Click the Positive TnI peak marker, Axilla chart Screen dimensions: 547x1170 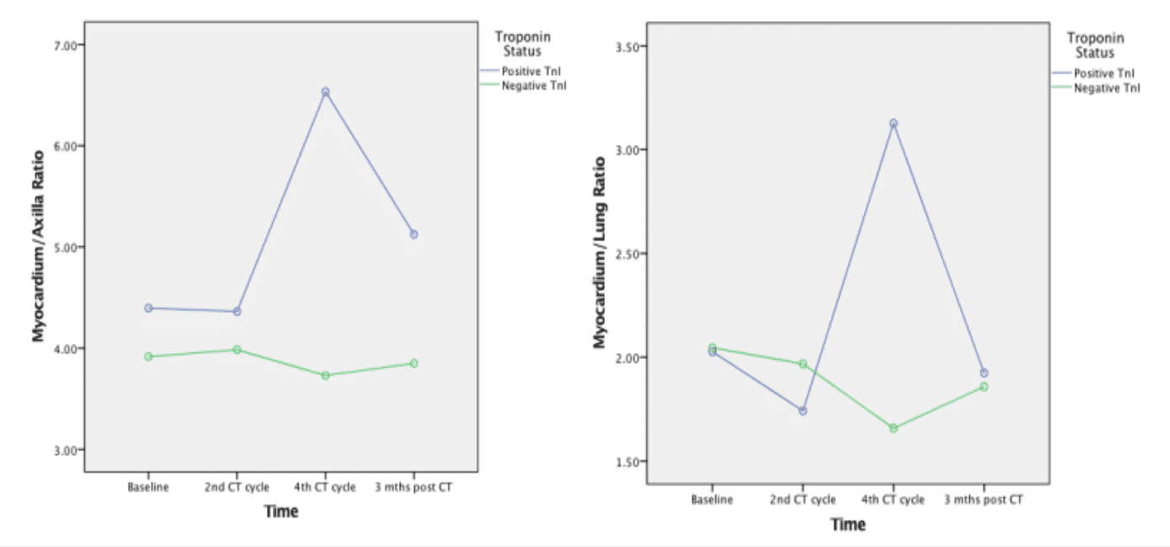[x=325, y=92]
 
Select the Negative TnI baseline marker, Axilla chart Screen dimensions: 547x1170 [x=148, y=357]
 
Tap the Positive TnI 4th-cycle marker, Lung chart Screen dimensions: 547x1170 [x=893, y=124]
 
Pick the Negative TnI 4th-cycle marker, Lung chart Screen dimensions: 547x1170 [x=893, y=428]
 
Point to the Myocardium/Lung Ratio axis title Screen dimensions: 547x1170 [x=600, y=253]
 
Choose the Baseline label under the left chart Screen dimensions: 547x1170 [x=148, y=488]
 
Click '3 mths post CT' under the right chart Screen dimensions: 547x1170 [x=984, y=500]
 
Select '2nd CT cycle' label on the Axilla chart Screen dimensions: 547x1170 [x=236, y=488]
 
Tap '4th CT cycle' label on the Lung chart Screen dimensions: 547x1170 [x=893, y=500]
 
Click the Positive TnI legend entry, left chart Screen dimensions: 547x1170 [x=531, y=72]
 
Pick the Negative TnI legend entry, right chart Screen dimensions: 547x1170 [x=1106, y=88]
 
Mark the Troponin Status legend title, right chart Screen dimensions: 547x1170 [x=1096, y=46]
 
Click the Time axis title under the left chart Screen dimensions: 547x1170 [x=281, y=512]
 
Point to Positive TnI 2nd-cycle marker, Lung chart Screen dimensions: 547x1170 [x=803, y=411]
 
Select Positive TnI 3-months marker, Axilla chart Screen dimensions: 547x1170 [x=413, y=234]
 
